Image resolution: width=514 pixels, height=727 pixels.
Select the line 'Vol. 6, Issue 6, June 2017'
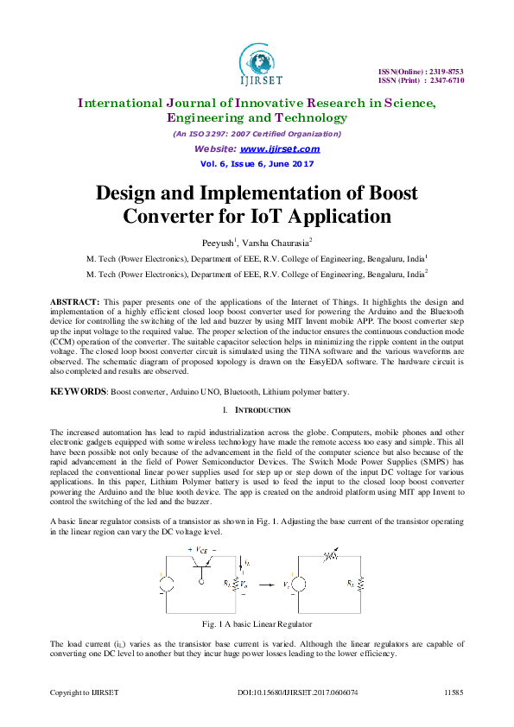coord(257,163)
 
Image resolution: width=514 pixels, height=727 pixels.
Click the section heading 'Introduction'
coord(260,409)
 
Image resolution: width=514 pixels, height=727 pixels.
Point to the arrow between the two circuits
coord(268,583)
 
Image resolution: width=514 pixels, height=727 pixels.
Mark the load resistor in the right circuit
coord(361,585)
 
